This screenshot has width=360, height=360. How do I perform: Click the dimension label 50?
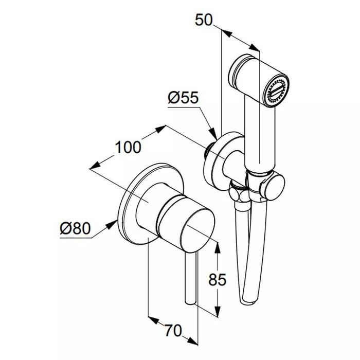tap(204, 20)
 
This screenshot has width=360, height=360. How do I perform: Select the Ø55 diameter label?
tap(183, 98)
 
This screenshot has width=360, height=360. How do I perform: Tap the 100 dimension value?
tap(128, 147)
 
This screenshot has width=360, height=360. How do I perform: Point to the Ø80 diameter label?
tap(75, 228)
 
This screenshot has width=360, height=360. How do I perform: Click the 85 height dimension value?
tap(217, 280)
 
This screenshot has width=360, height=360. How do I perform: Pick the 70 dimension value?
tap(173, 331)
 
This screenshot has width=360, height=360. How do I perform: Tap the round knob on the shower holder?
tap(272, 186)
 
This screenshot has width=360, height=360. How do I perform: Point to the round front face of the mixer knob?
tap(197, 229)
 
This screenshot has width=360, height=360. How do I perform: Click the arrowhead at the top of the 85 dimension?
tap(218, 247)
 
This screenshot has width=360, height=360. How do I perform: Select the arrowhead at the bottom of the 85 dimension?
tap(218, 311)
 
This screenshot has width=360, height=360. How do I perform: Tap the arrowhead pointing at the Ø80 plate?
tap(112, 224)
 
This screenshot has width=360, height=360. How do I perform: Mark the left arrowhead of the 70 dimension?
tap(153, 320)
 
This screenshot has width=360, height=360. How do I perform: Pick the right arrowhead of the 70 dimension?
tap(192, 341)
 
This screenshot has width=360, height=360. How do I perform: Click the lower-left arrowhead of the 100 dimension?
tap(95, 166)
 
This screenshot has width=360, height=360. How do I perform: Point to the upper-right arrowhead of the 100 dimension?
tap(160, 129)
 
